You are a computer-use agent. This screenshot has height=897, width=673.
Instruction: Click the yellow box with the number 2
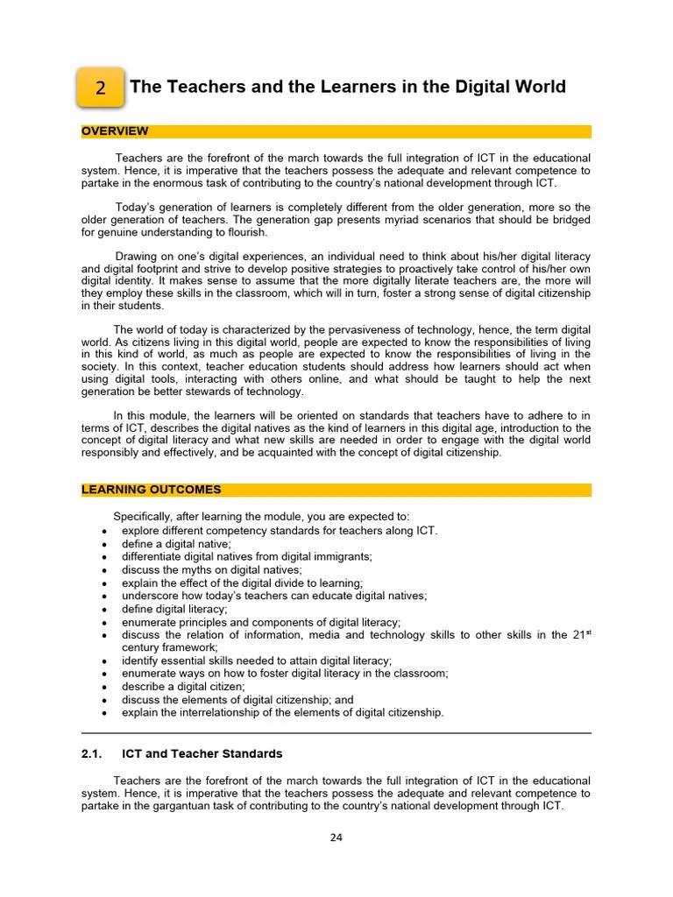(x=101, y=88)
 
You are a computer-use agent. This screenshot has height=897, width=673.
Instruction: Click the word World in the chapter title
(x=539, y=87)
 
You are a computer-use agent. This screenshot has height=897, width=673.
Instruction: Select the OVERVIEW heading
(x=115, y=131)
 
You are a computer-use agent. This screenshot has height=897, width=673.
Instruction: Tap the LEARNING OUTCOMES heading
(x=151, y=490)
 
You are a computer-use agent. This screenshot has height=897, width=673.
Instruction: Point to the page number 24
(x=336, y=837)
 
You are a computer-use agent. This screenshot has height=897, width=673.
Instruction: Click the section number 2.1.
(x=92, y=753)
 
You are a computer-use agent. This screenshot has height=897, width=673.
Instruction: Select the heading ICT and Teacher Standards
(x=202, y=753)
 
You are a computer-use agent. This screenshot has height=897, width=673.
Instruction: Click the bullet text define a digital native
(x=164, y=544)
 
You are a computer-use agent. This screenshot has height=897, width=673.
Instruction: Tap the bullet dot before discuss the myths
(x=105, y=570)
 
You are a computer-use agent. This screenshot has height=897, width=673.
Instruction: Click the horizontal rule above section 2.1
(x=336, y=733)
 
